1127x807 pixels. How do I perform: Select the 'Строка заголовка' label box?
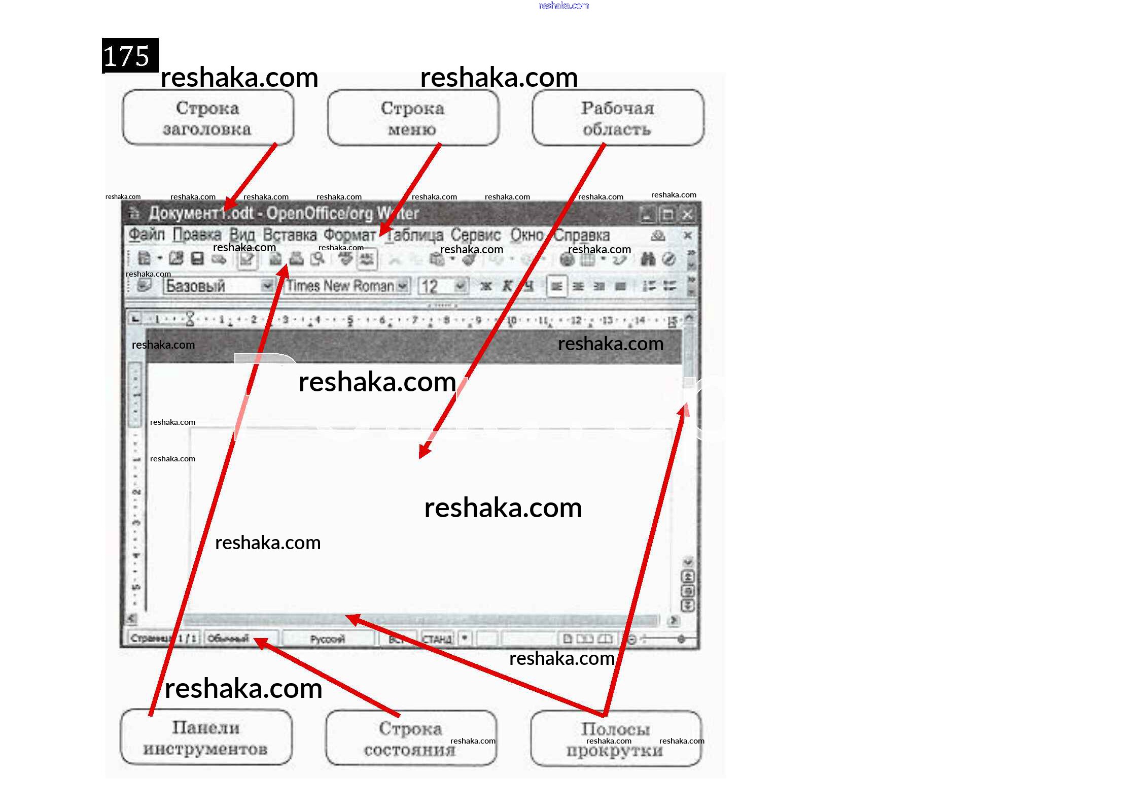pyautogui.click(x=207, y=118)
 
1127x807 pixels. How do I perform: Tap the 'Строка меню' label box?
pyautogui.click(x=412, y=118)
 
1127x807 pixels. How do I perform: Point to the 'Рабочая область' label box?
pyautogui.click(x=617, y=118)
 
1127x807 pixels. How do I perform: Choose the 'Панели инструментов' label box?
pyautogui.click(x=206, y=737)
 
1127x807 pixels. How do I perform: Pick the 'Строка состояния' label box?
pyautogui.click(x=410, y=738)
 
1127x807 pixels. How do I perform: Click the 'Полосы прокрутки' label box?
pyautogui.click(x=615, y=739)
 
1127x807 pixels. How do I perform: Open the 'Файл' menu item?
pyautogui.click(x=147, y=234)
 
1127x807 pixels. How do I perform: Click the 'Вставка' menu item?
pyautogui.click(x=290, y=235)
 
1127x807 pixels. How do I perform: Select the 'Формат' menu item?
pyautogui.click(x=349, y=235)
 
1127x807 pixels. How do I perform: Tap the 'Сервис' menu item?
pyautogui.click(x=475, y=235)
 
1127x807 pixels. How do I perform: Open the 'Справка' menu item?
pyautogui.click(x=582, y=236)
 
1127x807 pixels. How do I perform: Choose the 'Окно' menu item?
pyautogui.click(x=526, y=235)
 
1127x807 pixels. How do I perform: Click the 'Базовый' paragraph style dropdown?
pyautogui.click(x=218, y=286)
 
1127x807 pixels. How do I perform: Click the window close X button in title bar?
pyautogui.click(x=687, y=215)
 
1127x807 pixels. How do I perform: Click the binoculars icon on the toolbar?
pyautogui.click(x=648, y=259)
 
